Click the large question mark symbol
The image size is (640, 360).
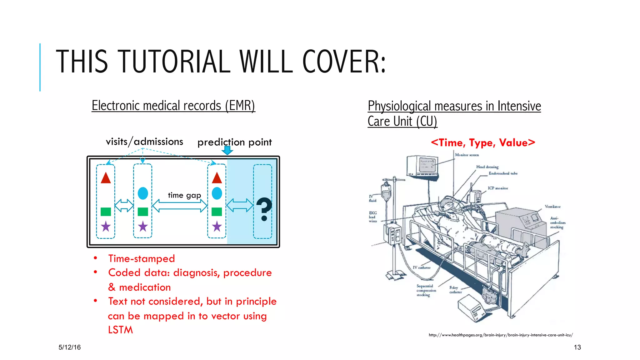click(x=264, y=209)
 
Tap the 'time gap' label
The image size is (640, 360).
click(x=184, y=195)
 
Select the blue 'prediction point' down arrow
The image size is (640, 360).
click(x=227, y=151)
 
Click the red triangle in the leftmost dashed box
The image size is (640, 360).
click(x=106, y=178)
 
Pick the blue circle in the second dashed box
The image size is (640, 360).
click(x=143, y=193)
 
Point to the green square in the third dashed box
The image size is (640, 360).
click(x=217, y=212)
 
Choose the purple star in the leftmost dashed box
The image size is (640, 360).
click(x=106, y=226)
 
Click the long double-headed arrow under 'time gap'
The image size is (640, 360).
click(x=180, y=206)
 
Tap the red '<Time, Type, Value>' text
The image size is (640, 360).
click(x=483, y=143)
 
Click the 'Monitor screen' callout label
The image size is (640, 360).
click(x=467, y=155)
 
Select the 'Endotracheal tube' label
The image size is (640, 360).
click(x=503, y=173)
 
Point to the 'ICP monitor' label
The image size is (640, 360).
click(x=498, y=188)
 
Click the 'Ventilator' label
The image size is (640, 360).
click(x=552, y=207)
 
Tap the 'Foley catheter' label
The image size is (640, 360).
click(x=455, y=290)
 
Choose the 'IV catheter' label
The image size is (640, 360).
click(x=422, y=267)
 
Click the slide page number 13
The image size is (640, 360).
click(x=577, y=347)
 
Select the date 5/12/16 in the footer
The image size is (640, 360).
click(x=70, y=347)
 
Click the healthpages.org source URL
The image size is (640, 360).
click(x=501, y=335)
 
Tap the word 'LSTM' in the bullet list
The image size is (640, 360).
click(x=121, y=330)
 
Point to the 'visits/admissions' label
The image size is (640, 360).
click(x=144, y=142)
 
